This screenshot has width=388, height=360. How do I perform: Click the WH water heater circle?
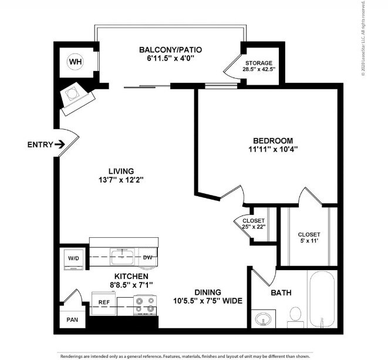pyautogui.click(x=75, y=61)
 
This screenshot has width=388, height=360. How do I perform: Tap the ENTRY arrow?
pyautogui.click(x=60, y=144)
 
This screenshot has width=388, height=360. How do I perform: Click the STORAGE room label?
pyautogui.click(x=259, y=63)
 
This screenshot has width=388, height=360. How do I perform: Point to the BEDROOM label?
pyautogui.click(x=272, y=140)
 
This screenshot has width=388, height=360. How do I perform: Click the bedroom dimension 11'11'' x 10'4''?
pyautogui.click(x=272, y=149)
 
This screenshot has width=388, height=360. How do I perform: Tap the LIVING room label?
pyautogui.click(x=117, y=171)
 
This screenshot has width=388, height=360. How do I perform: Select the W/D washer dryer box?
pyautogui.click(x=75, y=258)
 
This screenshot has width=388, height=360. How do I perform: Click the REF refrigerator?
pyautogui.click(x=104, y=303)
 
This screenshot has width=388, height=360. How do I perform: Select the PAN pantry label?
pyautogui.click(x=72, y=321)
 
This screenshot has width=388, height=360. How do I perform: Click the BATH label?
pyautogui.click(x=281, y=292)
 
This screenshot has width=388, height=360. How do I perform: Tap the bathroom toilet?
pyautogui.click(x=295, y=316)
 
